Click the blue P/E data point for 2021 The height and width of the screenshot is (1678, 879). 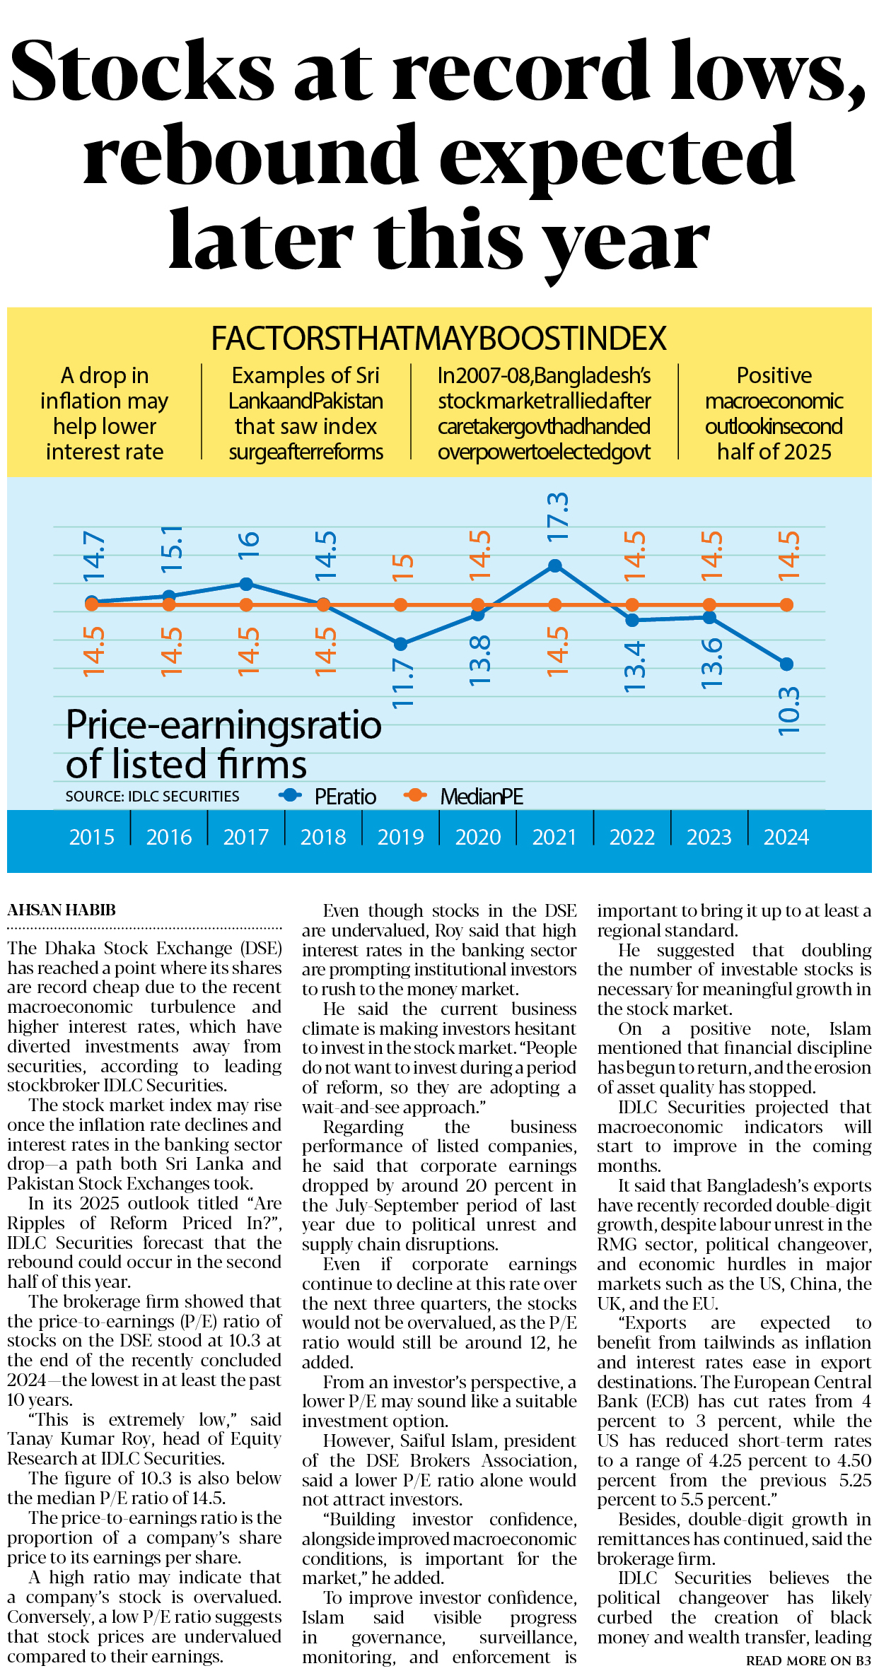tap(555, 565)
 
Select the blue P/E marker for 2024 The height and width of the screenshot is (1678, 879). tap(786, 664)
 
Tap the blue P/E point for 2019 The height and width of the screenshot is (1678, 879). tap(401, 644)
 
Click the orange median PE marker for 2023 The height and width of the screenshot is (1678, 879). tap(709, 605)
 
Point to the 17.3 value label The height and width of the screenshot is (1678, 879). tap(557, 517)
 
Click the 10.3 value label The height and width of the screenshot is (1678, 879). tap(788, 711)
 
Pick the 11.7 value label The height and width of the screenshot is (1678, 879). tap(402, 683)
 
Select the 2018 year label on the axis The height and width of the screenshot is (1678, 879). tap(323, 837)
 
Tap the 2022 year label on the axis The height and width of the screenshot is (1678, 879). tap(632, 837)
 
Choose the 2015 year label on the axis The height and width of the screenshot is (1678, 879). tap(92, 837)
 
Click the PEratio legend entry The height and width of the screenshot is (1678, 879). tap(344, 797)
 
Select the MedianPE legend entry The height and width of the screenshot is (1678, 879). tap(481, 797)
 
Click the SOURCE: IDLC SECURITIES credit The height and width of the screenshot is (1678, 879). tap(152, 797)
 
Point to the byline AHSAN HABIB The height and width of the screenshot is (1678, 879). tap(62, 910)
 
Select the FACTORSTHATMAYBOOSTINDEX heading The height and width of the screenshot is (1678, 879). tap(438, 339)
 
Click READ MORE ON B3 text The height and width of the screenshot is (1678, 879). tap(808, 1660)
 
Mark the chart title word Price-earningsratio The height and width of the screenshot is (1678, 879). tap(223, 725)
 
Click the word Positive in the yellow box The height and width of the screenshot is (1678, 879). tap(774, 375)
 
